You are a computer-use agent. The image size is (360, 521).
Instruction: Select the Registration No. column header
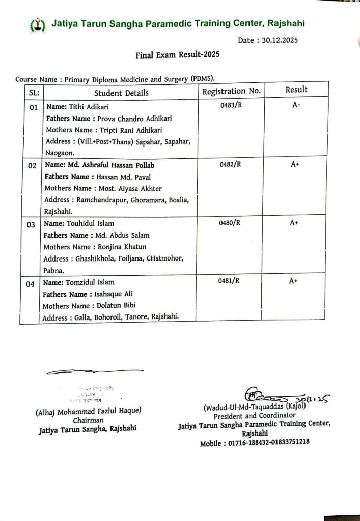(x=232, y=91)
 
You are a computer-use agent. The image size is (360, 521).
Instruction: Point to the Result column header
(x=296, y=90)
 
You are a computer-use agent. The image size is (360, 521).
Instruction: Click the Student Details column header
(x=121, y=93)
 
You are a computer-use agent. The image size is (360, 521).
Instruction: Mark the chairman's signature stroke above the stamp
(x=94, y=372)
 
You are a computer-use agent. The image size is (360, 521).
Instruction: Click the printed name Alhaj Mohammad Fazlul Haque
(x=88, y=411)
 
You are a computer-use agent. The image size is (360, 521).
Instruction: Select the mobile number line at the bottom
(x=254, y=443)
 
